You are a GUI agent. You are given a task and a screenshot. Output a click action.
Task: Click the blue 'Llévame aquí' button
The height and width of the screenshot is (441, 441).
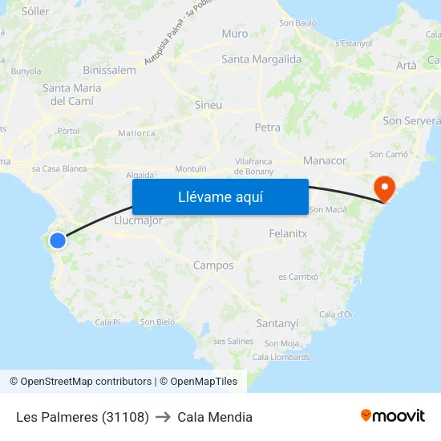click(220, 197)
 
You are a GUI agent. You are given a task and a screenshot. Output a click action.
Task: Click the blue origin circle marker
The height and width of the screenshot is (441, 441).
click(58, 240)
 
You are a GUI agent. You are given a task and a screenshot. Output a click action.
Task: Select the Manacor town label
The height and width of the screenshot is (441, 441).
click(325, 160)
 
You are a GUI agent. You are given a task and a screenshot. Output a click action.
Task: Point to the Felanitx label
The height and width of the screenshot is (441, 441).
click(288, 233)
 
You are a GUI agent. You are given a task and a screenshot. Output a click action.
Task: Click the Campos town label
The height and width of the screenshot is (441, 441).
click(213, 265)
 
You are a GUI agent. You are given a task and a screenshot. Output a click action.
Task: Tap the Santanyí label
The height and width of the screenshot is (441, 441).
click(277, 323)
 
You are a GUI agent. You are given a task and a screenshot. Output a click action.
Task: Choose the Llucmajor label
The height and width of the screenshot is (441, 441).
click(139, 220)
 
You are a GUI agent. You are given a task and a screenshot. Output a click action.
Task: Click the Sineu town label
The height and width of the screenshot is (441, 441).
click(208, 105)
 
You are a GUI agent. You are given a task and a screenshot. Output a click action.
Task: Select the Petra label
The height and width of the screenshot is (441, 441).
click(267, 127)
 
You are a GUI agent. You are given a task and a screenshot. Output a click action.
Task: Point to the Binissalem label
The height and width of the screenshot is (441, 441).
click(109, 70)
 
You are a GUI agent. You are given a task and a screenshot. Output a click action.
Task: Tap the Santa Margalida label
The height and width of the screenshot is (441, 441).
click(261, 59)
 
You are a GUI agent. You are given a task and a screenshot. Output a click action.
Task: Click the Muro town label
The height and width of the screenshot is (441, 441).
click(235, 34)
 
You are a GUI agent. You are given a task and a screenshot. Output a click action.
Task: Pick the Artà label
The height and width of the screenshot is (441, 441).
click(407, 66)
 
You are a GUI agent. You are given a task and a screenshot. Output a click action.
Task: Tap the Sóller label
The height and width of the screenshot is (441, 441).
click(35, 11)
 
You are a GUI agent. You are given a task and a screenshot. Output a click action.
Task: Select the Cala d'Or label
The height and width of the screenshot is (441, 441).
click(336, 314)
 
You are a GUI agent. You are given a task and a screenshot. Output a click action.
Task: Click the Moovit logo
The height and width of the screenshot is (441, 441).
click(393, 416)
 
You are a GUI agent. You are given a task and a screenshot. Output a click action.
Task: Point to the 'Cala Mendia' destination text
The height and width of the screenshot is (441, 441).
click(215, 417)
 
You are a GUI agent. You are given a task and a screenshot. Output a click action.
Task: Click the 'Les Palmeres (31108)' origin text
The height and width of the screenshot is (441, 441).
click(83, 417)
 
